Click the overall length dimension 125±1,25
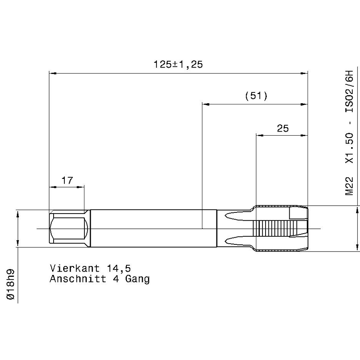pyautogui.click(x=178, y=64)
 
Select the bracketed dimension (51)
pyautogui.click(x=256, y=96)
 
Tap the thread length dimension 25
pyautogui.click(x=283, y=128)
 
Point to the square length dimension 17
pyautogui.click(x=67, y=180)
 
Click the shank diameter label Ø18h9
pyautogui.click(x=11, y=284)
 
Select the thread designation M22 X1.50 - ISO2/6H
pyautogui.click(x=349, y=133)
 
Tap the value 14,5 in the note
pyautogui.click(x=119, y=268)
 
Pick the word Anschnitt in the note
pyautogui.click(x=78, y=279)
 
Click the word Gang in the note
pyautogui.click(x=137, y=279)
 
